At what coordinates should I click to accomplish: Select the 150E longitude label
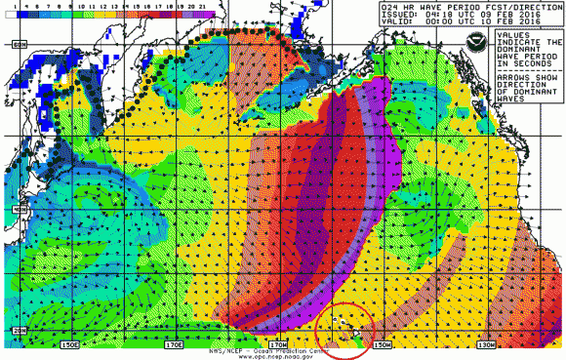pyautogui.click(x=69, y=344)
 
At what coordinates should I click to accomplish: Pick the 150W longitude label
pyautogui.click(x=383, y=344)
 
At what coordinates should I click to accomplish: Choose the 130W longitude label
pyautogui.click(x=488, y=344)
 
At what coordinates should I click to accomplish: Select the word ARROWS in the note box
pyautogui.click(x=510, y=81)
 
